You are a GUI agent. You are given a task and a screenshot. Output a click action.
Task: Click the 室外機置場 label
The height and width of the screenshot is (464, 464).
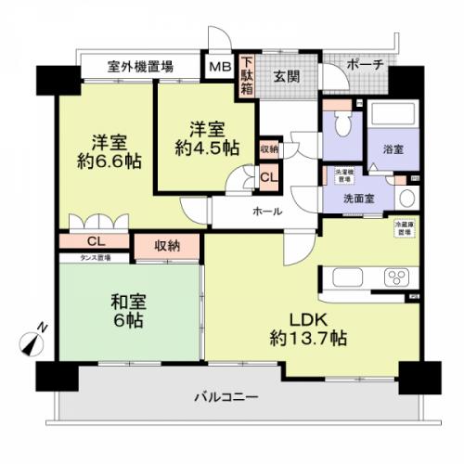point(139,67)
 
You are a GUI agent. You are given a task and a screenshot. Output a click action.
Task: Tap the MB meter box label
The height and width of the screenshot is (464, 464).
point(219,67)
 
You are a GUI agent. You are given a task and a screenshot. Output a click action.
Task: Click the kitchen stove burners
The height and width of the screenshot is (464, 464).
point(397,277)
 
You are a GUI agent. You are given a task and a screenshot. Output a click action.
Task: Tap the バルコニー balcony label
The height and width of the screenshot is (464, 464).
point(226,397)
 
